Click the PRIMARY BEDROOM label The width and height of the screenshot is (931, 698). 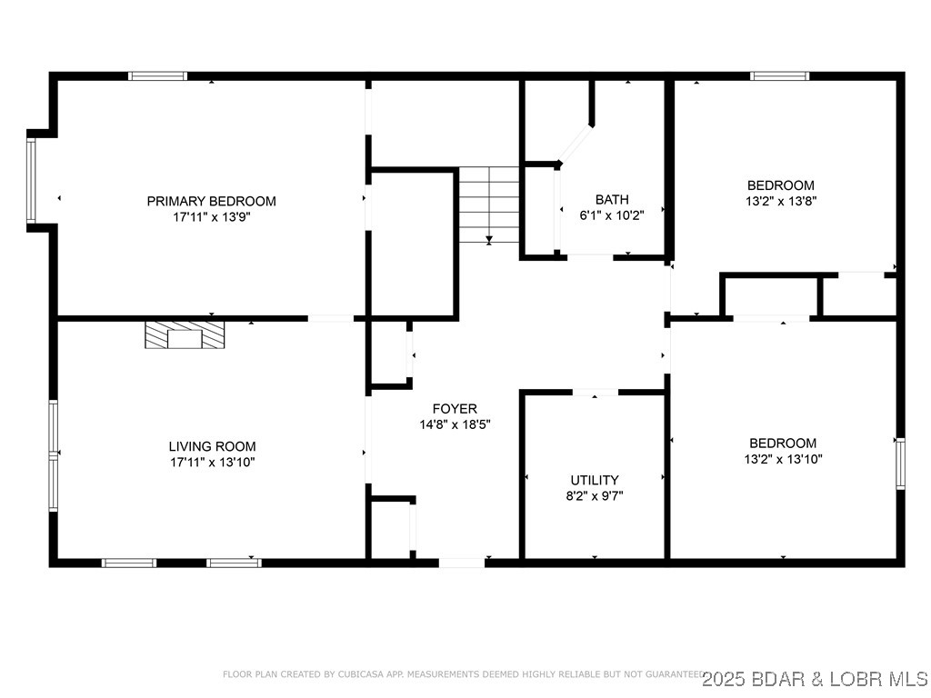[x=211, y=201]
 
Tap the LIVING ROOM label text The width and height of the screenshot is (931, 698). [x=212, y=446]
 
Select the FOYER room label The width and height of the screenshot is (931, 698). [x=455, y=409]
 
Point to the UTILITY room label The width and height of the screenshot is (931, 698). [x=595, y=480]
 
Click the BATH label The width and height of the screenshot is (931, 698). [x=612, y=200]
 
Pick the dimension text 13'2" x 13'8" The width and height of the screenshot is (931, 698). [x=781, y=202]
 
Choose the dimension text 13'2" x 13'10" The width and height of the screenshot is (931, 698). [x=782, y=459]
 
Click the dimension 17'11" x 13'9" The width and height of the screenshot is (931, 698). [x=211, y=217]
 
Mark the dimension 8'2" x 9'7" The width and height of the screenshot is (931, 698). [x=596, y=495]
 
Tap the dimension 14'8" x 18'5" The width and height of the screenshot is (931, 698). [x=455, y=424]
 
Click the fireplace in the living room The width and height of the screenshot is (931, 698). [x=185, y=334]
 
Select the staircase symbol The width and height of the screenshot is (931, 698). [x=489, y=204]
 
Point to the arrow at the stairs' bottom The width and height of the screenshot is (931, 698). [x=489, y=240]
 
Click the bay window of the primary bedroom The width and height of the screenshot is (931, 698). [x=32, y=180]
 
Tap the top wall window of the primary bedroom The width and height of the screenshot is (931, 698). [x=157, y=75]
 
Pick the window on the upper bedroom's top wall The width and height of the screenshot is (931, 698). [x=779, y=75]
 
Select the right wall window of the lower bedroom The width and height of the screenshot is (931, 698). [x=900, y=463]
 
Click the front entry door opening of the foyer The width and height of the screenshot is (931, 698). [x=462, y=563]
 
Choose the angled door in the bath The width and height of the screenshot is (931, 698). [x=575, y=144]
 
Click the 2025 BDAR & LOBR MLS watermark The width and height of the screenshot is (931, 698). [x=815, y=677]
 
